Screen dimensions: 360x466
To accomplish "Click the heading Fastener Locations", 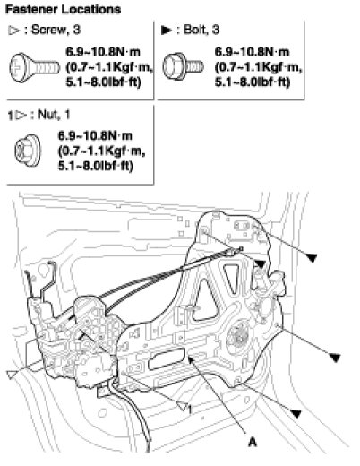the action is click(63, 10).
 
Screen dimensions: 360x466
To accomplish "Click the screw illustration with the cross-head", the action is click(35, 67).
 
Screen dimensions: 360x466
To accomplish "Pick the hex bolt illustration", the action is click(183, 66).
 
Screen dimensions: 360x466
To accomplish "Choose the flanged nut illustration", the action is click(28, 151).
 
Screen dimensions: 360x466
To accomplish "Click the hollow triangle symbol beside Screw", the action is click(14, 30).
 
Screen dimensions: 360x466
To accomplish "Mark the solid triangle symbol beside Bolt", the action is click(167, 30).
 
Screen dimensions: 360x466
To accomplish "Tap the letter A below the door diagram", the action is click(253, 442).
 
